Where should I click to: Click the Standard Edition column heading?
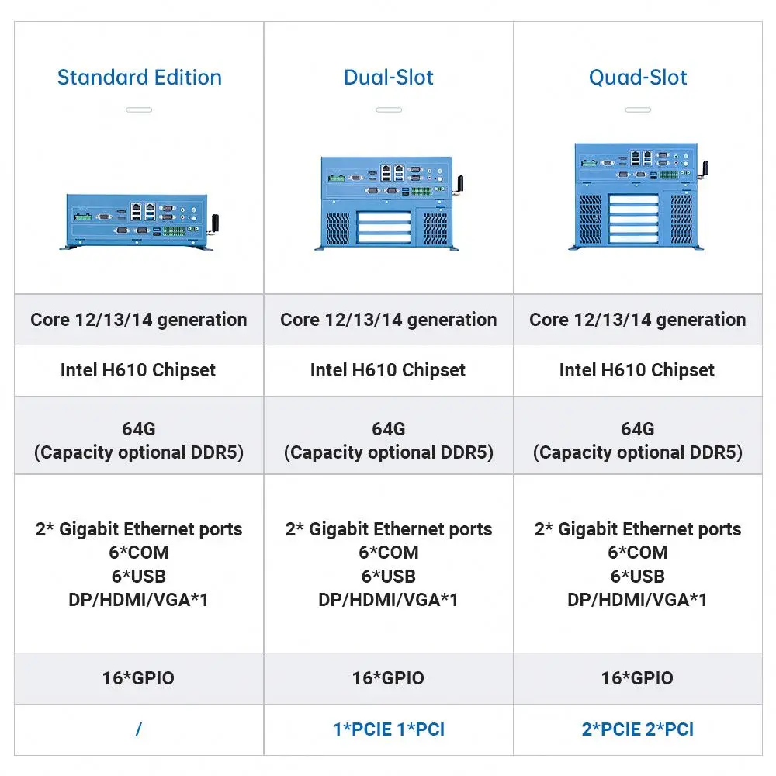140,78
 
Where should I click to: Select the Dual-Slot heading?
388,78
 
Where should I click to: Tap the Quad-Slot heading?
638,78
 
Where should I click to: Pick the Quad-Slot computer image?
638,196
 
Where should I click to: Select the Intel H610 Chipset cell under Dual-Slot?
388,370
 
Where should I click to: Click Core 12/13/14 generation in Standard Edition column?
139,320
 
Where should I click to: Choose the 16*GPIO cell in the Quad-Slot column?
638,678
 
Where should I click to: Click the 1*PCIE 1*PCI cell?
388,729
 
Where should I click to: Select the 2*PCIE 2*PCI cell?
638,729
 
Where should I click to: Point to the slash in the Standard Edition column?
139,729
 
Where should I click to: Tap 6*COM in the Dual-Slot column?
388,553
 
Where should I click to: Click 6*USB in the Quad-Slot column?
638,576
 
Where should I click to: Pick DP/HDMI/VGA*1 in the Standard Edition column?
139,599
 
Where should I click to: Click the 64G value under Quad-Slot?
638,428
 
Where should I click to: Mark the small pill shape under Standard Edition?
139,109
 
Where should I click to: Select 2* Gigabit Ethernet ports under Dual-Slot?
388,529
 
